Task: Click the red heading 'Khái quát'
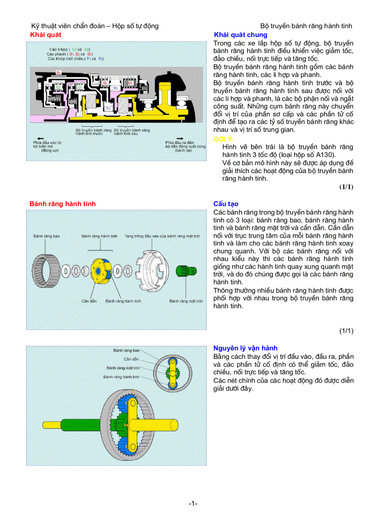[45, 35]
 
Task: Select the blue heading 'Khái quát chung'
[240, 35]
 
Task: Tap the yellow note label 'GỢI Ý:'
[224, 139]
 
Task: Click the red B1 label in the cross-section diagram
[59, 72]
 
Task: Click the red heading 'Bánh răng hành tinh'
[62, 204]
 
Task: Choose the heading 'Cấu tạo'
[226, 204]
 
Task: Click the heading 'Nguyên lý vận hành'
[245, 348]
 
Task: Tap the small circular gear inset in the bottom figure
[174, 370]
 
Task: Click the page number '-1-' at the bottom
[193, 504]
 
